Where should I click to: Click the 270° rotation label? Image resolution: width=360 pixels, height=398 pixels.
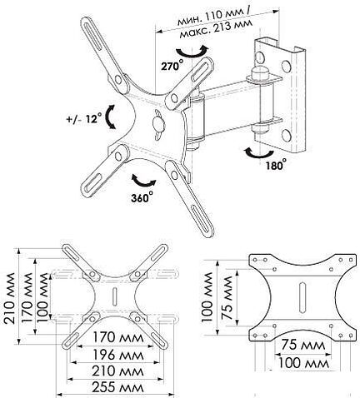pos(172,65)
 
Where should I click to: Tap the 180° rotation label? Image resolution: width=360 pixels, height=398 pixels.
pos(276,164)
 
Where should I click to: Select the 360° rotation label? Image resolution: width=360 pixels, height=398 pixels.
pos(142,197)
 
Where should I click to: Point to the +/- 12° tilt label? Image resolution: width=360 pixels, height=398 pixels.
pos(84,118)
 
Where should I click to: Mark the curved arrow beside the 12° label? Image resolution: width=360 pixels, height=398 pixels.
pos(110,117)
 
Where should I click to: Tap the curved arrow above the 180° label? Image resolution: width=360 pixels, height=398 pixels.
pos(258,153)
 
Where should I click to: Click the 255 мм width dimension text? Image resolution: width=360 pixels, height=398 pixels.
pos(117,387)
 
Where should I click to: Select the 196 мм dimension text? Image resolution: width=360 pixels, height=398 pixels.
pos(117,355)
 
